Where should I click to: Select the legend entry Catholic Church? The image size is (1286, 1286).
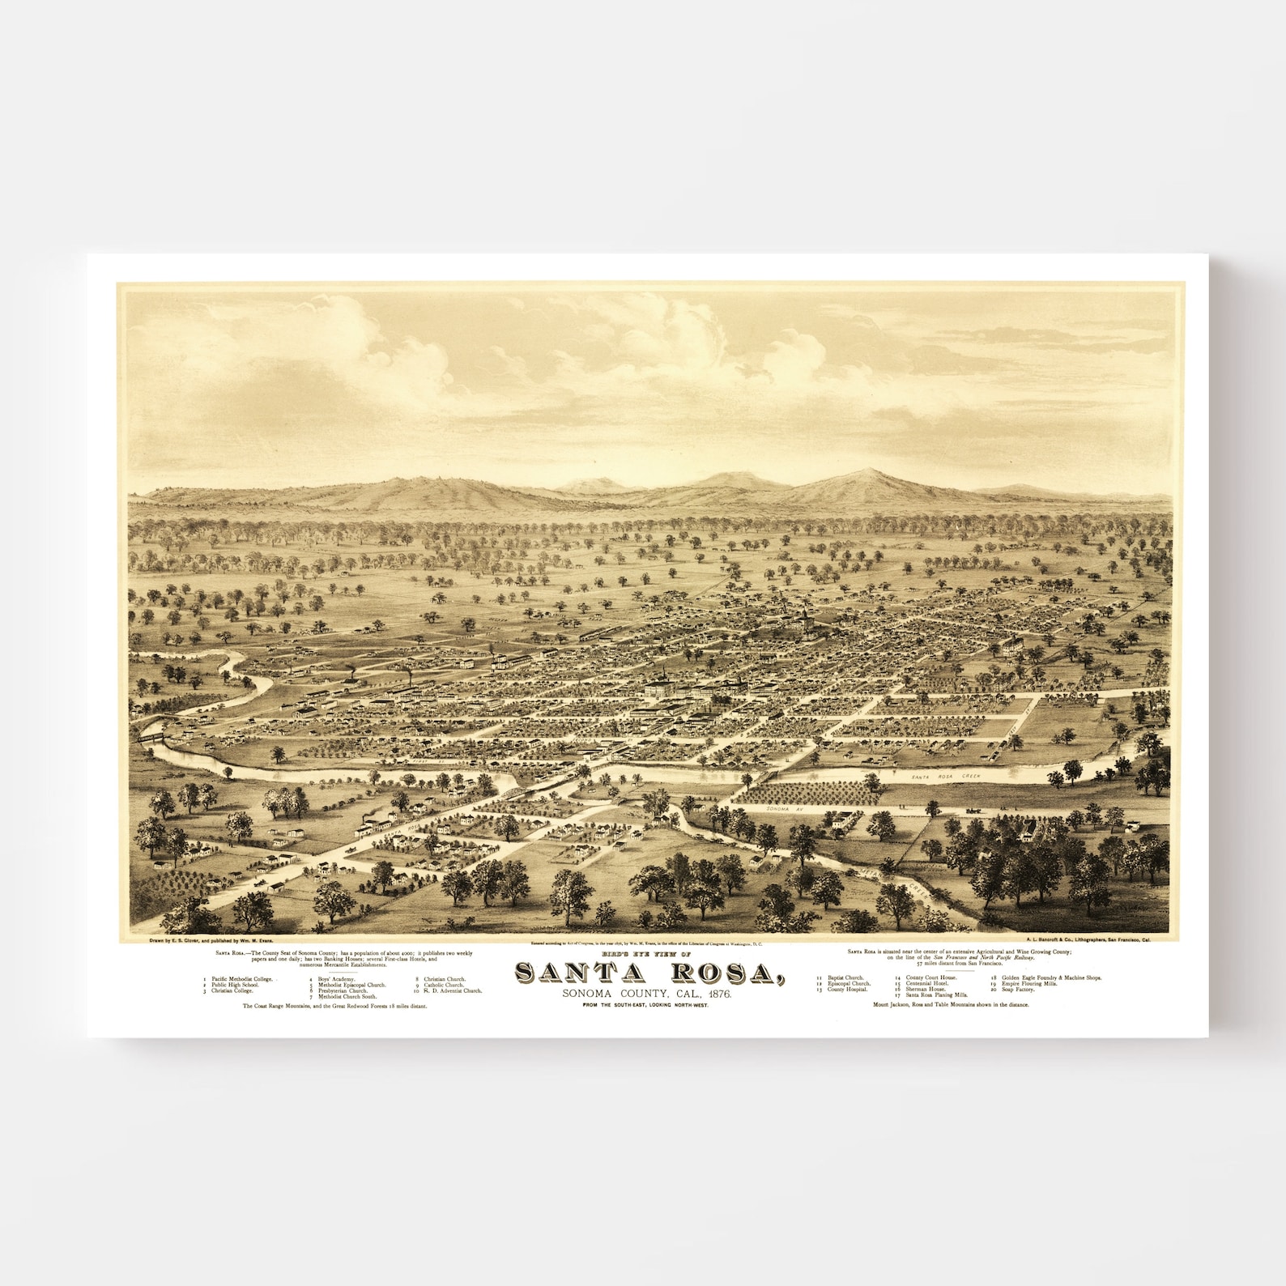[445, 985]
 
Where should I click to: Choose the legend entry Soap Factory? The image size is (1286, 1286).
[1018, 990]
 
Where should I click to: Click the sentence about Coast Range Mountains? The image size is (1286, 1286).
[334, 1005]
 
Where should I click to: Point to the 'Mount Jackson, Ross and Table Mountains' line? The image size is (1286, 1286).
[951, 1004]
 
